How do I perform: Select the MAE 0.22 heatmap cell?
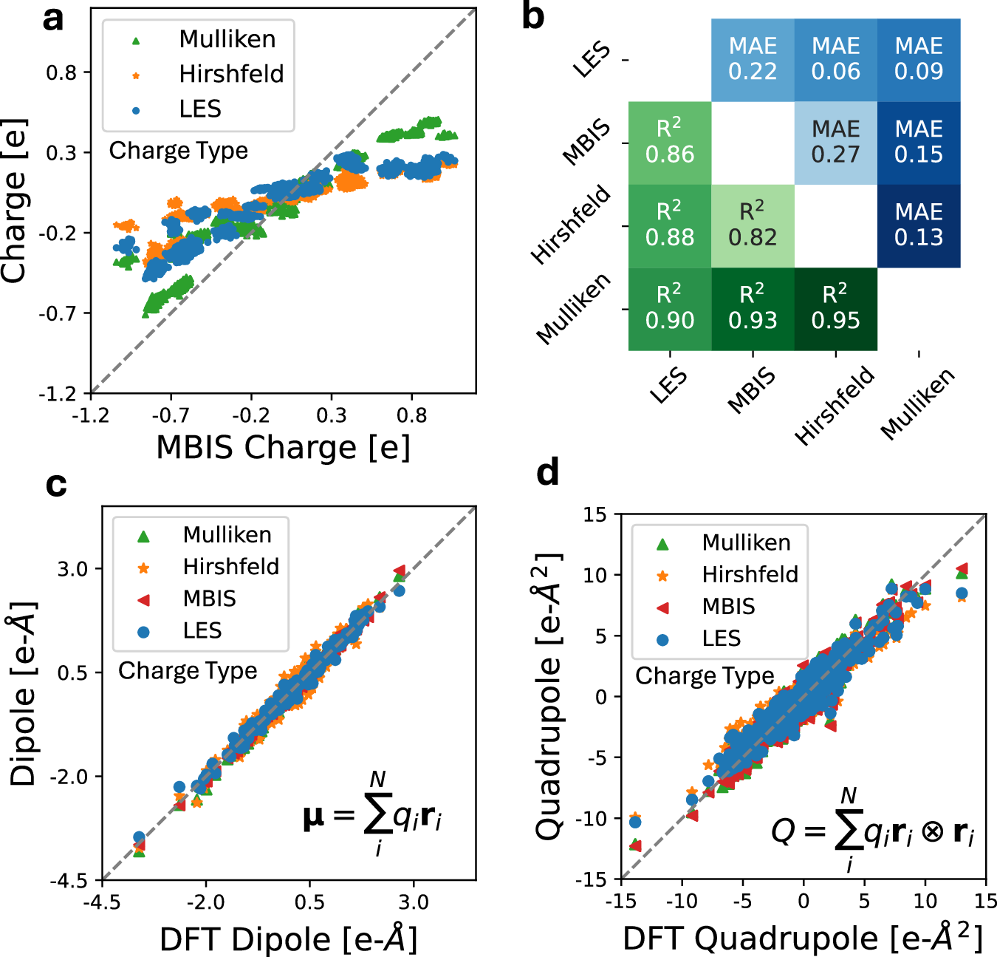(x=753, y=59)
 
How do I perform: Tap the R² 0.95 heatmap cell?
(x=835, y=308)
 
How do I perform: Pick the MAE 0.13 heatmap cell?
(x=919, y=225)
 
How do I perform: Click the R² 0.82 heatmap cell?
(x=753, y=225)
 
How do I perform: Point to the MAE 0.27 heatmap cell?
(x=835, y=142)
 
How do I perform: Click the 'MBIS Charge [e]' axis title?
(x=283, y=448)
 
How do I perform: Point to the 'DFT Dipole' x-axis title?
(x=288, y=939)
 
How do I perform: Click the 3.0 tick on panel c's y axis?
(x=72, y=569)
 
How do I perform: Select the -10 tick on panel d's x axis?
(x=682, y=901)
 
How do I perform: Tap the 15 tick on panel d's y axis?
(x=595, y=514)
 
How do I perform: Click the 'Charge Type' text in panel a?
(x=178, y=151)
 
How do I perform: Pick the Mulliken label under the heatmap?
(x=918, y=403)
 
